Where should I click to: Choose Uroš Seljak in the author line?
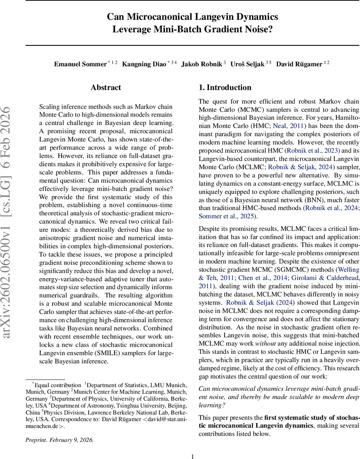click(247, 64)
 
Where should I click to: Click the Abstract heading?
click(106, 88)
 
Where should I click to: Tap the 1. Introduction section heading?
click(225, 88)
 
